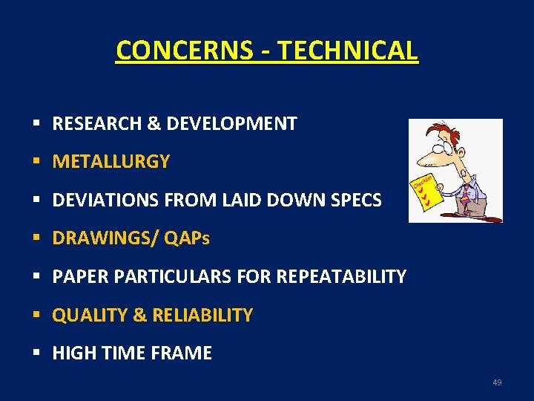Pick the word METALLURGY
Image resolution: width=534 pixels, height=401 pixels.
[111, 162]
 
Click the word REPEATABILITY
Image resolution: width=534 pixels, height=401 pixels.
[341, 277]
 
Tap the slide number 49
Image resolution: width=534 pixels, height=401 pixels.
[497, 382]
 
